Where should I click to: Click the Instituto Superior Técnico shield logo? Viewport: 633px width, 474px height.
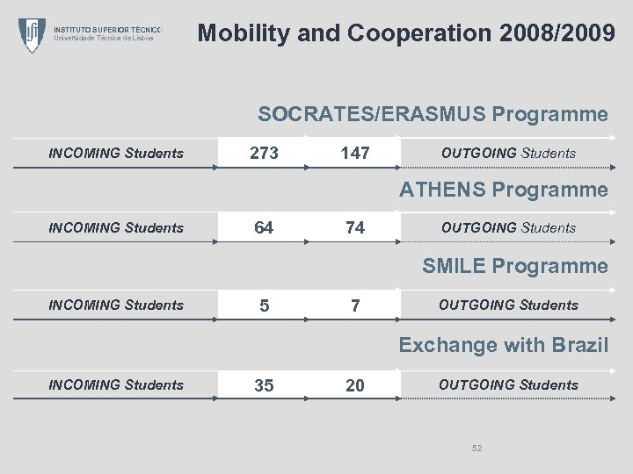(x=33, y=35)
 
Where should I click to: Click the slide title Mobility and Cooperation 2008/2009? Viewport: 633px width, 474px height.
(x=406, y=34)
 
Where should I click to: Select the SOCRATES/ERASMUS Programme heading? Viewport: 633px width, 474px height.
(x=433, y=114)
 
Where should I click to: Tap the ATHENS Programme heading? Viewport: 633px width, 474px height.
(x=504, y=190)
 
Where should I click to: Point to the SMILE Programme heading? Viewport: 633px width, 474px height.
(x=514, y=266)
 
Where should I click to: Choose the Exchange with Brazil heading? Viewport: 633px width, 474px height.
(x=503, y=345)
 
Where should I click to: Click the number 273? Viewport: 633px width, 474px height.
(x=264, y=154)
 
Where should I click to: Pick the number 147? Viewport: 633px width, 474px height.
(x=355, y=154)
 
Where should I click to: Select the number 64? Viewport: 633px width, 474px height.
(x=264, y=228)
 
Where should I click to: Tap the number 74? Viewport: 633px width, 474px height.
(x=355, y=228)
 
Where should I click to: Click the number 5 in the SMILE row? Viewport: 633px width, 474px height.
(x=264, y=306)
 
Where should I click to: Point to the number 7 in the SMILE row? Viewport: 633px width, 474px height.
(x=355, y=306)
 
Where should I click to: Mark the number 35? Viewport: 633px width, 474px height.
(x=264, y=385)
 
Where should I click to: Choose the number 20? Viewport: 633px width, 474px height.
(x=355, y=385)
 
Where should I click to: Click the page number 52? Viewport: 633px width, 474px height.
(x=477, y=449)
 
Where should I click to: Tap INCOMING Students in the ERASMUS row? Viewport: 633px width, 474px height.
(x=116, y=154)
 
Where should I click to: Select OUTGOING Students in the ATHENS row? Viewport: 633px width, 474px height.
(x=508, y=228)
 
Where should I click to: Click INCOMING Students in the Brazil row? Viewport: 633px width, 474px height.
(x=116, y=385)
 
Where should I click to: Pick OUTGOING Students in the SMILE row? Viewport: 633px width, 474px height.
(x=508, y=305)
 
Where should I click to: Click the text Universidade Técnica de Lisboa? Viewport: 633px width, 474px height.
(x=104, y=39)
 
